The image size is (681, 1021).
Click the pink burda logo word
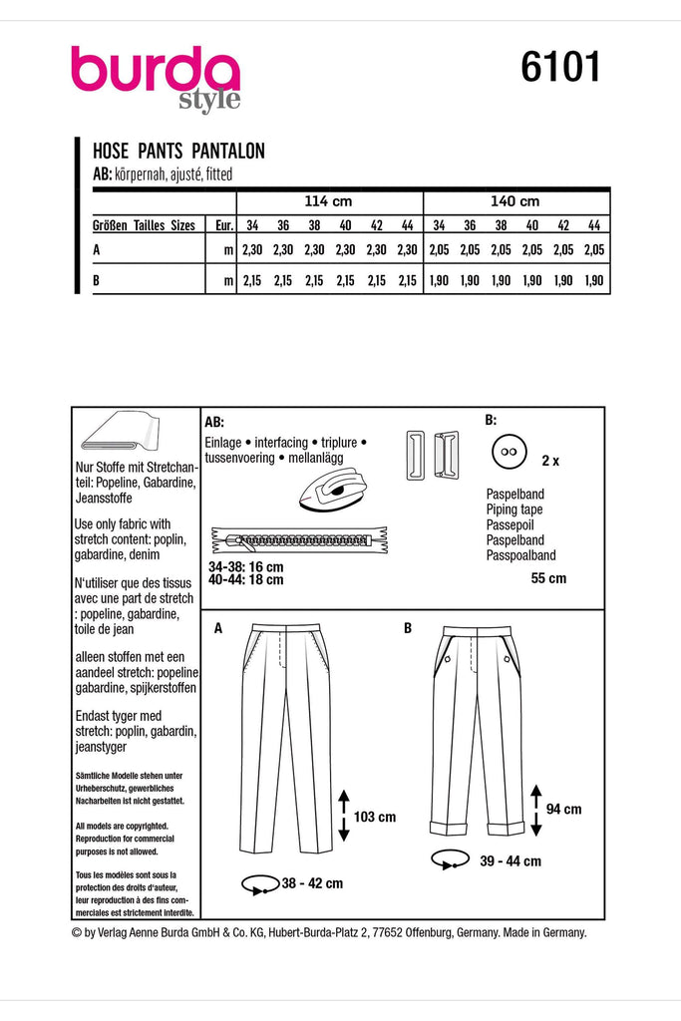155,72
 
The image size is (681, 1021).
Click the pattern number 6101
560,69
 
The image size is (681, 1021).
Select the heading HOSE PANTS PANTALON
178,153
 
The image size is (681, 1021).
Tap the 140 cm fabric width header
515,200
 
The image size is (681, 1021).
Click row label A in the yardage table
97,252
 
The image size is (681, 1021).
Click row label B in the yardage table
97,282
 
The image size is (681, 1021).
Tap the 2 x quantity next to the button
550,462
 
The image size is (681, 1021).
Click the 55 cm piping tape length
547,578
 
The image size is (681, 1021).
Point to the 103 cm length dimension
374,817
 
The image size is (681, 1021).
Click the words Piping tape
513,509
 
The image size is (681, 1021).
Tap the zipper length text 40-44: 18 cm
245,578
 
